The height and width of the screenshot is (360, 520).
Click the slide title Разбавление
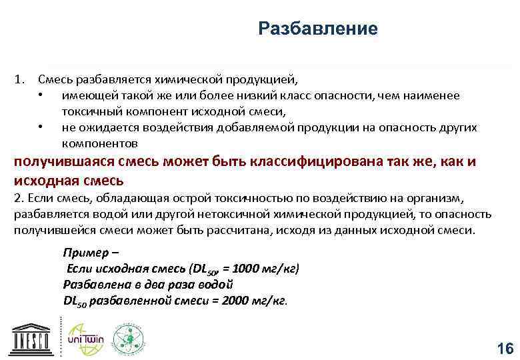point(317,29)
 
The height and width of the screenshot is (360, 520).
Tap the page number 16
point(505,349)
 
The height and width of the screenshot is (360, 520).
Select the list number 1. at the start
point(19,80)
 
